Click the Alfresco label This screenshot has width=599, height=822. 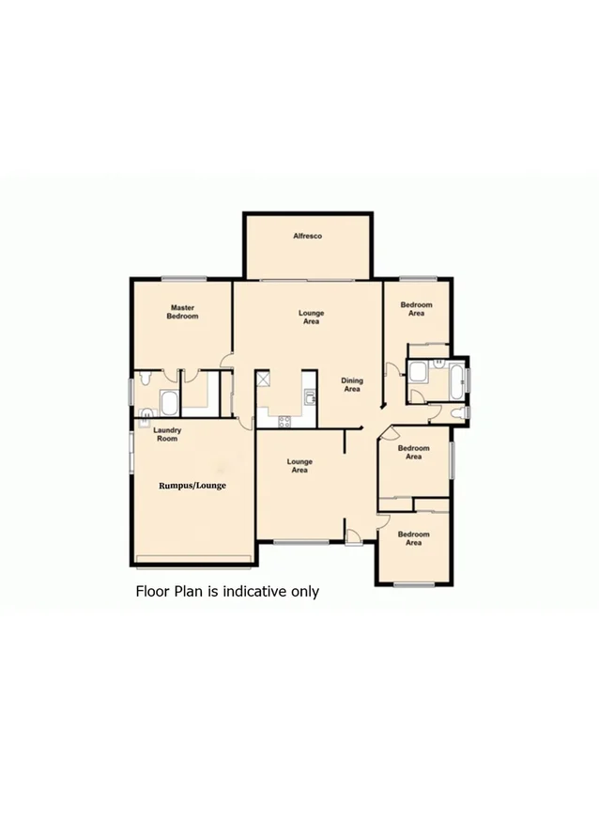(306, 236)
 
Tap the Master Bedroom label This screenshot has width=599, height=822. (183, 312)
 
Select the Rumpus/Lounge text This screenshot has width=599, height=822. (192, 486)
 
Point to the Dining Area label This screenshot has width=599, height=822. (352, 385)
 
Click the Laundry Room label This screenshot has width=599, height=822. (167, 434)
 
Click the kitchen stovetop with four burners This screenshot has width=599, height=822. (285, 421)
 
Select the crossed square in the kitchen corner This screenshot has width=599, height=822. (263, 380)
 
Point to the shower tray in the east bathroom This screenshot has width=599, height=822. (417, 374)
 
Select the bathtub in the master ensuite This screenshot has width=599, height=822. (170, 404)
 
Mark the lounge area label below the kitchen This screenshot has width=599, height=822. (299, 466)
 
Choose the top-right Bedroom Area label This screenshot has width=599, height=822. (416, 309)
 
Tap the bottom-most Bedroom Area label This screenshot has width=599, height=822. (413, 538)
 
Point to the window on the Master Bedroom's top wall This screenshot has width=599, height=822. (183, 278)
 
